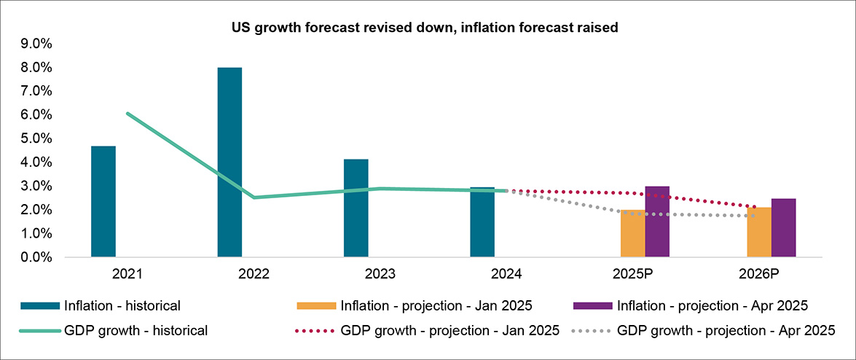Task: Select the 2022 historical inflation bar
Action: [229, 162]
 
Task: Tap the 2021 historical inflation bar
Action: [103, 201]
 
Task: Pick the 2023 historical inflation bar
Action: [356, 208]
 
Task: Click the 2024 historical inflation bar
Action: [482, 222]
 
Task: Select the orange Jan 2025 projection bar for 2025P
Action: [632, 233]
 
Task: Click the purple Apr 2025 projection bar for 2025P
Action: [657, 222]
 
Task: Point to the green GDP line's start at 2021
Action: [127, 114]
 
